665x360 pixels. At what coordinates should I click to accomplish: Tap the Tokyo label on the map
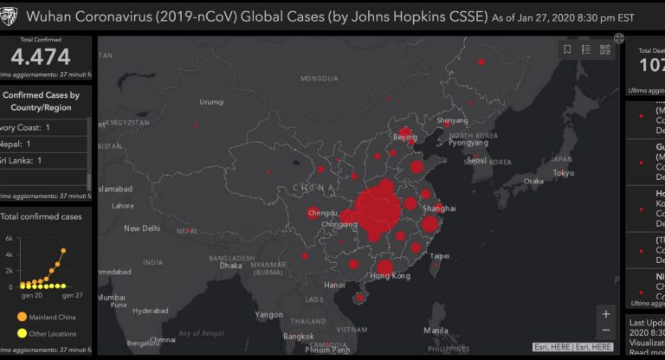(x=564, y=173)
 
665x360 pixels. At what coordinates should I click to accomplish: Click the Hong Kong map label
(x=390, y=276)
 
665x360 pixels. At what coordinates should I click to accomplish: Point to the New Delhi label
(x=144, y=228)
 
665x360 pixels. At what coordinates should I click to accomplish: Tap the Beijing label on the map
(x=405, y=137)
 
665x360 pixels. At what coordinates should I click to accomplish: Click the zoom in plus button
(x=607, y=314)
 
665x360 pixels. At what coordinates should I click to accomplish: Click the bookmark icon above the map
(x=567, y=49)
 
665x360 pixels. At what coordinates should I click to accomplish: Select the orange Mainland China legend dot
(x=22, y=317)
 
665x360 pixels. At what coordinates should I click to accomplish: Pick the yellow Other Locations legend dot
(x=22, y=333)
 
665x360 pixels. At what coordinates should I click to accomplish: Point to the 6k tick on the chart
(x=9, y=239)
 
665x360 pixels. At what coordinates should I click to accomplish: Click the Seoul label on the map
(x=476, y=160)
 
